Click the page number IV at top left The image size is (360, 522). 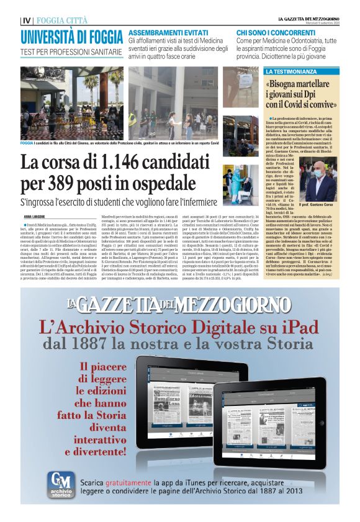coord(25,20)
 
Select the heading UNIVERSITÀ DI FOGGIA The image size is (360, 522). coord(71,36)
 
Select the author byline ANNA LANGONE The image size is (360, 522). coord(37,215)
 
